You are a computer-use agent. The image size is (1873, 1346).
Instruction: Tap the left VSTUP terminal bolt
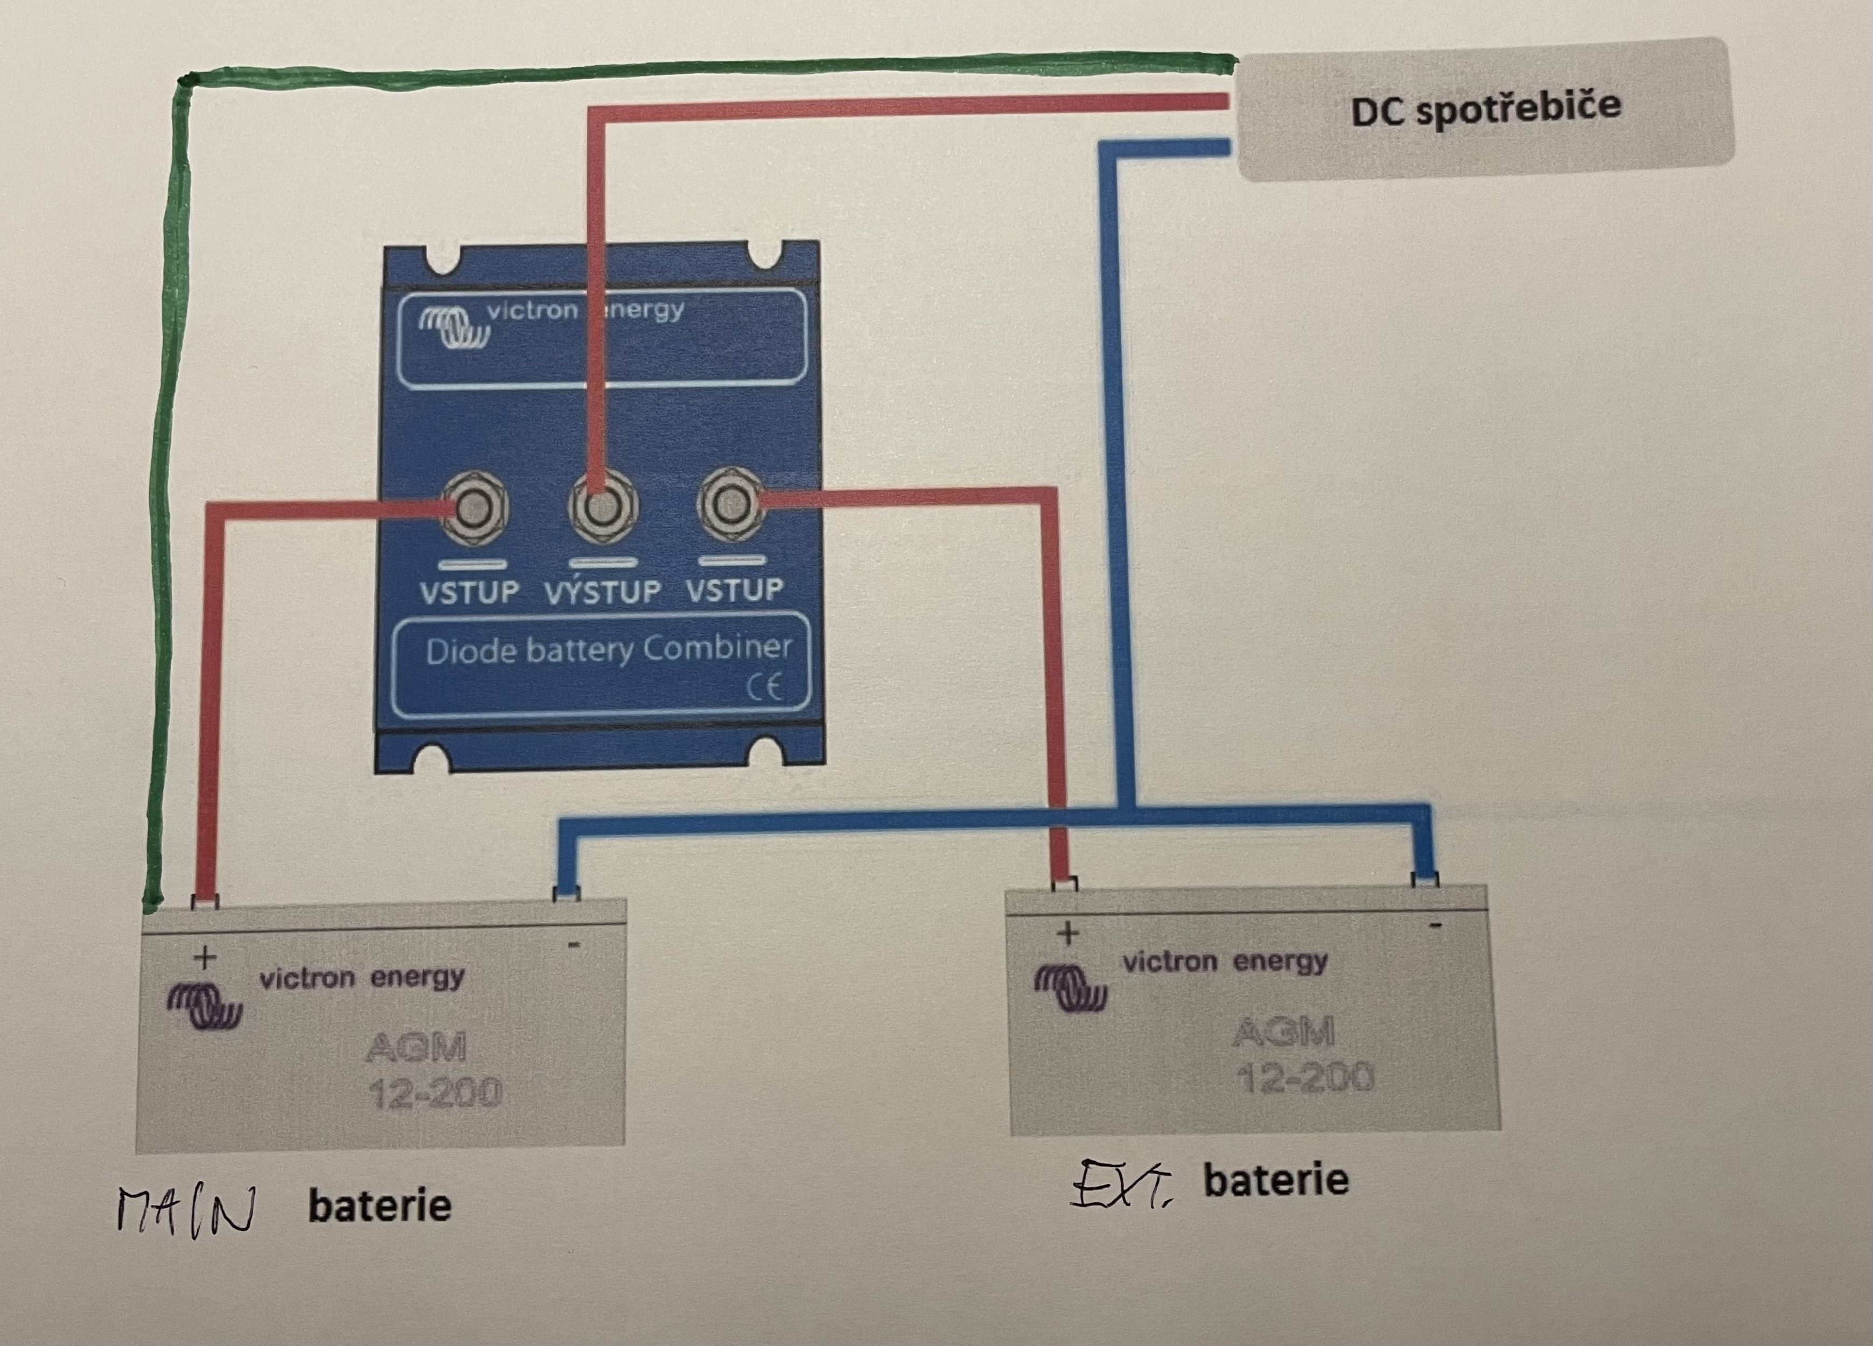pyautogui.click(x=473, y=508)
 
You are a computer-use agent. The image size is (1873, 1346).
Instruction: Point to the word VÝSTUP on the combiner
pyautogui.click(x=603, y=591)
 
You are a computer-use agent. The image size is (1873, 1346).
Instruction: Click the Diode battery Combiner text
pyautogui.click(x=609, y=649)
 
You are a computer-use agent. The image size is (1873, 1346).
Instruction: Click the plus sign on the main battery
pyautogui.click(x=204, y=958)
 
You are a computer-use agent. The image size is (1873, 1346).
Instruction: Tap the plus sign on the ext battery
pyautogui.click(x=1068, y=934)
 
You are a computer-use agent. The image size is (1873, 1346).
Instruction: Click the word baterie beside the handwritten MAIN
pyautogui.click(x=380, y=1207)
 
